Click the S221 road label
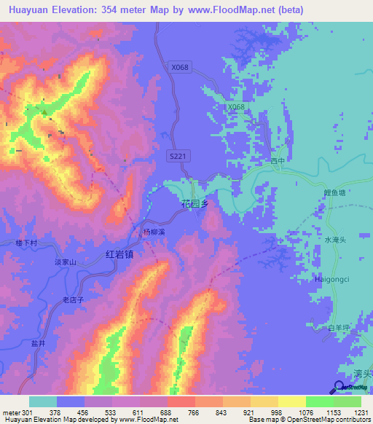[x=178, y=156]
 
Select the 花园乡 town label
[x=195, y=205]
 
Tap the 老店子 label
[x=74, y=299]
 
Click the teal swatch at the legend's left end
[x=43, y=401]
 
